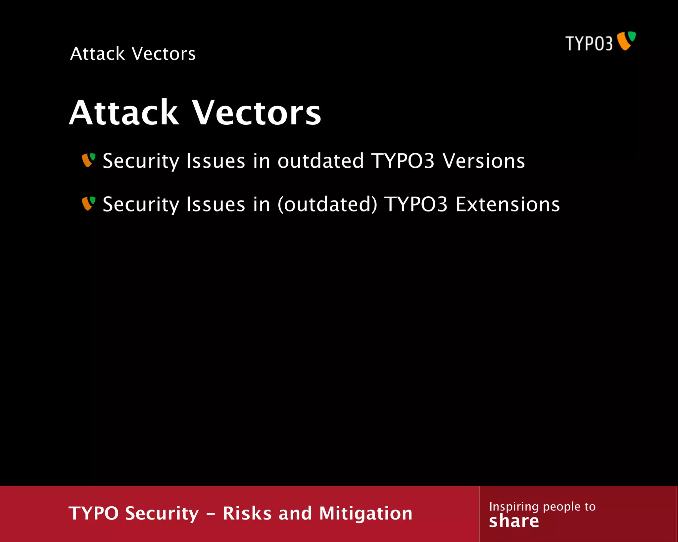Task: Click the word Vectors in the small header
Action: (164, 54)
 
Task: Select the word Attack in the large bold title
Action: (124, 113)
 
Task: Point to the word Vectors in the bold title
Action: (257, 113)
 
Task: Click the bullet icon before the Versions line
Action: (88, 160)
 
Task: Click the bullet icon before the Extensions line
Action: (88, 203)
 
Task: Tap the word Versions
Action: (484, 161)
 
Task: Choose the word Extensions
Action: (508, 204)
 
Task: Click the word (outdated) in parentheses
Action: (327, 204)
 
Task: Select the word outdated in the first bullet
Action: (320, 161)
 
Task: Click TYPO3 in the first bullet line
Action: (403, 161)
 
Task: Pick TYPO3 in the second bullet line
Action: (416, 204)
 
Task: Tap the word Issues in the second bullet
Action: (216, 204)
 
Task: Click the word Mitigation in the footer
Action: (365, 513)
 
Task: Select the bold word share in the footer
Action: (514, 521)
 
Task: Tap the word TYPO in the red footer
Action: (93, 513)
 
